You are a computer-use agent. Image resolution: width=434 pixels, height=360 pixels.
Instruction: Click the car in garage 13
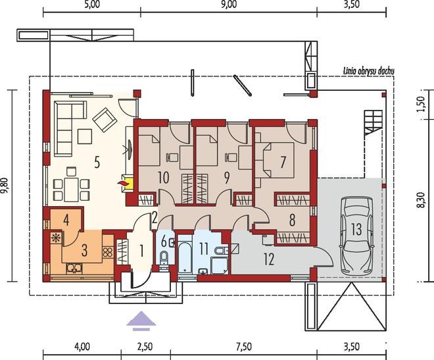click(357, 236)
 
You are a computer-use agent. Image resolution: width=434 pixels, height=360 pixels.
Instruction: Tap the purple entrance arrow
click(141, 321)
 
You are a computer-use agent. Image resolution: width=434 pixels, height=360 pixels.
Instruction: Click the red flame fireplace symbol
click(122, 183)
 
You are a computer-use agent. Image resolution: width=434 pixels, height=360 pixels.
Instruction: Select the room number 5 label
click(97, 162)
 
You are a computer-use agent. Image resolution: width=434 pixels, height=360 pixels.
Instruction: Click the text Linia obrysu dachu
click(369, 71)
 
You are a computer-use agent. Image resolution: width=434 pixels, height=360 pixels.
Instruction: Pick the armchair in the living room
click(104, 119)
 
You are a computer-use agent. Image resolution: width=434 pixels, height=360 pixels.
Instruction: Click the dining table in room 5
click(71, 190)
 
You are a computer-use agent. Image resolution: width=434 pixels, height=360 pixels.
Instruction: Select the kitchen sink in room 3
click(74, 268)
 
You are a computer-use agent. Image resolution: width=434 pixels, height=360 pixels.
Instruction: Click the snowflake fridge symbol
click(56, 238)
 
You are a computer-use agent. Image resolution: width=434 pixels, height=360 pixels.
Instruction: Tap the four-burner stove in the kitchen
click(108, 252)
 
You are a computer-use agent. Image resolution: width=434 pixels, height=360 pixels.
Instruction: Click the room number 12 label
click(269, 259)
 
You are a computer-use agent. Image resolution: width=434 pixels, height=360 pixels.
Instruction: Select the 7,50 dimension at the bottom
click(244, 347)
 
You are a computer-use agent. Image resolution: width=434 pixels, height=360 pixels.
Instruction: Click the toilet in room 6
click(164, 257)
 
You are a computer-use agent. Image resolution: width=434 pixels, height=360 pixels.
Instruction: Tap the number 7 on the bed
click(283, 162)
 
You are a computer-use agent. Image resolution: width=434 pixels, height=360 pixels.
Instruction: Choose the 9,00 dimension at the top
click(229, 5)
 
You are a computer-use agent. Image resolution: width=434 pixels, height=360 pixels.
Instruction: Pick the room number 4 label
click(66, 220)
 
